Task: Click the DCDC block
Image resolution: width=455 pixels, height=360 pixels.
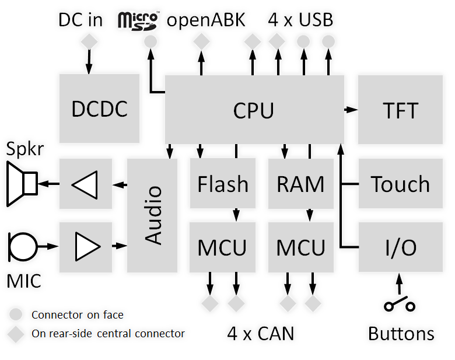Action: click(x=99, y=109)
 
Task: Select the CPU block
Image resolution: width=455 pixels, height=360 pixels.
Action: click(x=253, y=109)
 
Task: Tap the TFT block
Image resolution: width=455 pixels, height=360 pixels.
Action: click(x=401, y=109)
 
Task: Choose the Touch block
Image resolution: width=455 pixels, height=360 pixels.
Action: click(x=401, y=184)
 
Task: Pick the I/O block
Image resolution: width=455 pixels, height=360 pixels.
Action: click(x=401, y=247)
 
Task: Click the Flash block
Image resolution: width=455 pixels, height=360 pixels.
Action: click(x=223, y=184)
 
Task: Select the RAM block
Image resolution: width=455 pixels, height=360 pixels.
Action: click(x=300, y=184)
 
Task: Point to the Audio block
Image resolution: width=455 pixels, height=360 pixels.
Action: click(x=152, y=215)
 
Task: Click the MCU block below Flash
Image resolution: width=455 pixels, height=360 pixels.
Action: click(x=223, y=247)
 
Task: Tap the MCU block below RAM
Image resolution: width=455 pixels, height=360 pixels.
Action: click(x=300, y=247)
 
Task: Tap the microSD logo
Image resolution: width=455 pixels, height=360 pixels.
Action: click(x=138, y=19)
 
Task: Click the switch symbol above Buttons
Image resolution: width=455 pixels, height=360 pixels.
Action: click(x=400, y=305)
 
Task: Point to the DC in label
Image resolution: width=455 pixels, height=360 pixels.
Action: click(x=80, y=20)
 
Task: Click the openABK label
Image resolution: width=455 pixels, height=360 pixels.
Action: click(x=206, y=20)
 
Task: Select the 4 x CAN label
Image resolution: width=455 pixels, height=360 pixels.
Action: click(x=260, y=334)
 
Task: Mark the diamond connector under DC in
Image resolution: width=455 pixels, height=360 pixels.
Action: click(x=89, y=42)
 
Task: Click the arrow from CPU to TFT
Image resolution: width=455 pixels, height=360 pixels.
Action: click(x=351, y=109)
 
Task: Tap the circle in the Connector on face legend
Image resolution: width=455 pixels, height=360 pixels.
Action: click(x=17, y=314)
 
